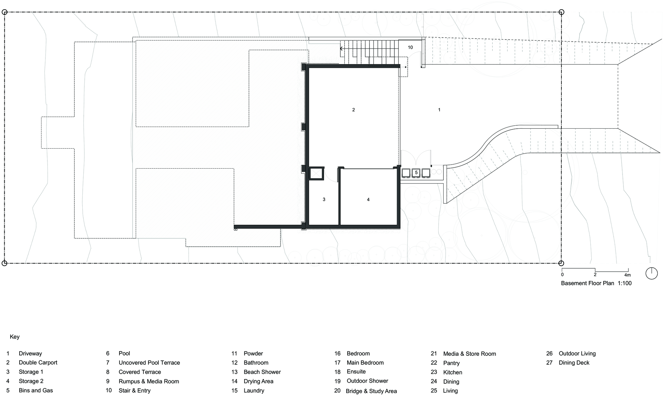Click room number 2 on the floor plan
[x=354, y=110]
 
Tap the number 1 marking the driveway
[x=439, y=110]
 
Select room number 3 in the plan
[x=324, y=199]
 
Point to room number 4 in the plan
[x=368, y=199]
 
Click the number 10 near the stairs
[x=410, y=47]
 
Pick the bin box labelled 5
[x=416, y=173]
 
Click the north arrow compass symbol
[x=652, y=273]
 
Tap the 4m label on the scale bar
[x=627, y=275]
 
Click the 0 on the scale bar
[x=562, y=275]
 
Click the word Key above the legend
[x=15, y=337]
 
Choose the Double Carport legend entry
[x=38, y=363]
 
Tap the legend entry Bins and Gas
[x=36, y=391]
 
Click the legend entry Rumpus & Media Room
[x=149, y=381]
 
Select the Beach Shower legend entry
[x=262, y=372]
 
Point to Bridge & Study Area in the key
[x=371, y=391]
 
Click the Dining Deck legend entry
[x=574, y=363]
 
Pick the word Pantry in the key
[x=452, y=363]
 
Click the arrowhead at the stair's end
[x=341, y=49]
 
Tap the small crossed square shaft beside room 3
[x=316, y=174]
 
